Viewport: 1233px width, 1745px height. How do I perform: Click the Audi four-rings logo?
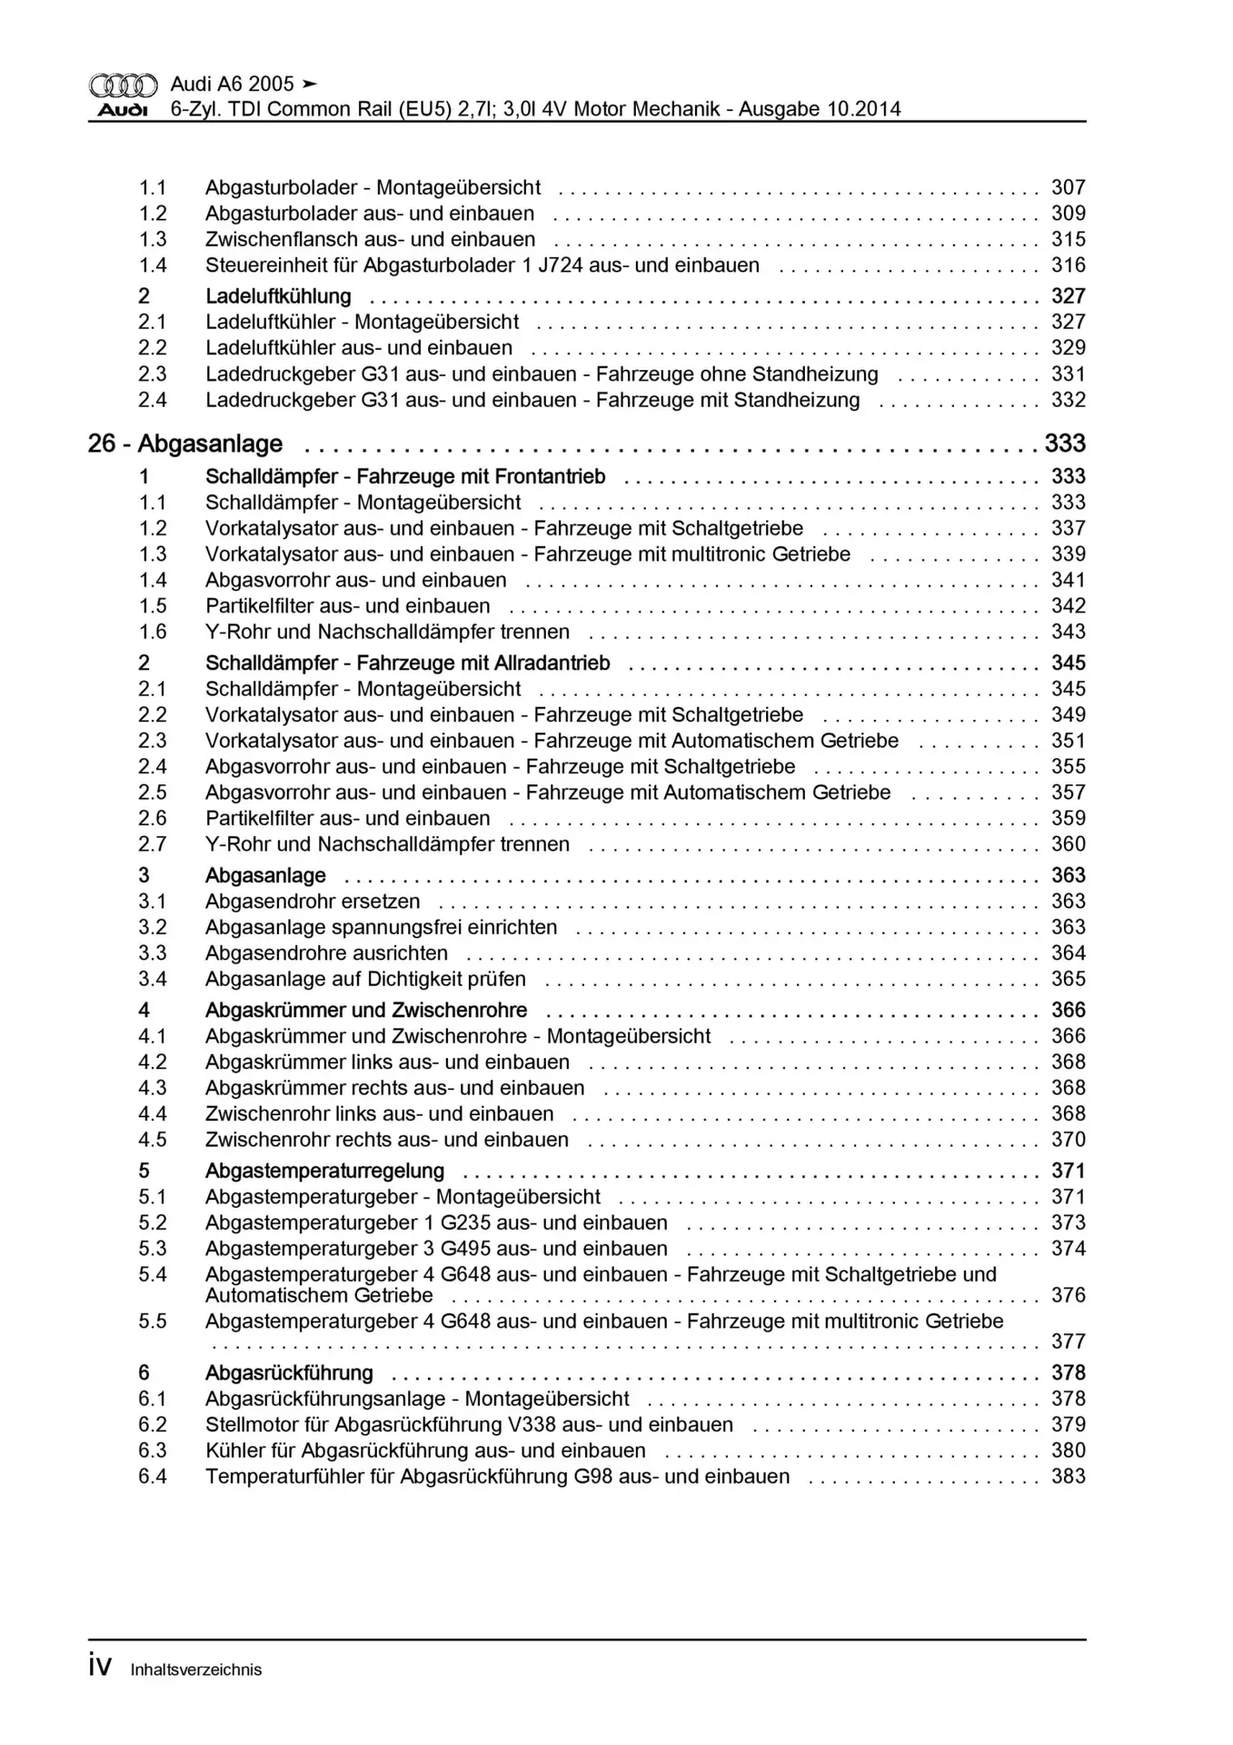point(123,85)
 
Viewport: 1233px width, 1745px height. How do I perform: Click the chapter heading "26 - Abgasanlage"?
point(185,444)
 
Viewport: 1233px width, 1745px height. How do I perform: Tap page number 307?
point(1069,187)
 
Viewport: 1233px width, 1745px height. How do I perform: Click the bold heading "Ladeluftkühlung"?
point(278,296)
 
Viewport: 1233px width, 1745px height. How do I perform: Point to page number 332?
point(1069,400)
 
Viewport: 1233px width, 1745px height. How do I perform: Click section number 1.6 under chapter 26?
point(153,632)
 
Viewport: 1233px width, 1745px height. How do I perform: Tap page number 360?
point(1069,844)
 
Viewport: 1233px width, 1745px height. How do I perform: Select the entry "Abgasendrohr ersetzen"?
point(313,902)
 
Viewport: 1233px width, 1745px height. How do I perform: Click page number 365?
point(1069,979)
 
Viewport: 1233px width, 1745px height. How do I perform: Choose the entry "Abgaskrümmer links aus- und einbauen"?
point(387,1062)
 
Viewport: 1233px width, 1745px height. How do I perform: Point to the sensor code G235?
point(465,1223)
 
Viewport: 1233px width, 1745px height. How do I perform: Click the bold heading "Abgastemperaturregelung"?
point(324,1172)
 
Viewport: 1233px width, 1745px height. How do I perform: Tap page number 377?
point(1069,1341)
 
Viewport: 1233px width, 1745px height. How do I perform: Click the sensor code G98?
point(593,1477)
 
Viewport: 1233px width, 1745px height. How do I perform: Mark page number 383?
point(1069,1477)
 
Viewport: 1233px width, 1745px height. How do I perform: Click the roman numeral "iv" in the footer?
point(100,1666)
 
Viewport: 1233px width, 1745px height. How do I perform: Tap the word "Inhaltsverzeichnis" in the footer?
point(196,1670)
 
